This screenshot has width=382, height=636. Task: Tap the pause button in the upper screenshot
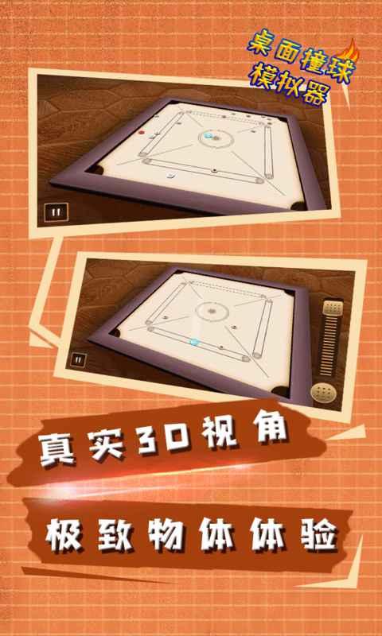[x=56, y=211]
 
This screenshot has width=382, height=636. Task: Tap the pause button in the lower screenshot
[x=79, y=359]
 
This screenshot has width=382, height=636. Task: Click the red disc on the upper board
[x=142, y=132]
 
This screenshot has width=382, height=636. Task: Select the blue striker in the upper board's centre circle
[x=209, y=136]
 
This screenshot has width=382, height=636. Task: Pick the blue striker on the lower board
[x=194, y=341]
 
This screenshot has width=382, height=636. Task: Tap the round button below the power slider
[x=322, y=392]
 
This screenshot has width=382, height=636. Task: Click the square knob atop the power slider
[x=333, y=308]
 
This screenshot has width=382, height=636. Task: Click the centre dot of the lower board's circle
[x=212, y=311]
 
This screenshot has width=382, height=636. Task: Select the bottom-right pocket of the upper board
[x=298, y=206]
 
